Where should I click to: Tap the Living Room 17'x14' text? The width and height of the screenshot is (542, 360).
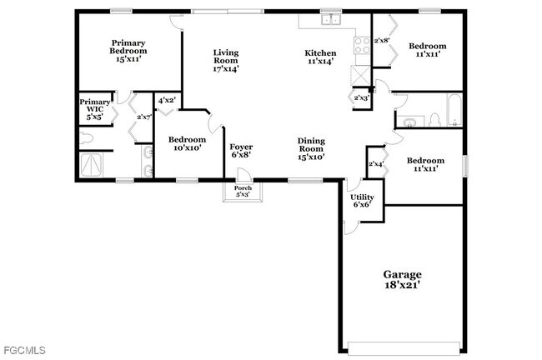point(225,60)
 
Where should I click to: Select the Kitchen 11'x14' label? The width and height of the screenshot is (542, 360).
point(319,57)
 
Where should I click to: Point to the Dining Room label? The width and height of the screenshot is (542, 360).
point(311,148)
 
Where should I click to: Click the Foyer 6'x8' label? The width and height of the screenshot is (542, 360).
point(241,152)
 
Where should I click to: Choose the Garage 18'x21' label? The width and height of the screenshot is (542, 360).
point(402,279)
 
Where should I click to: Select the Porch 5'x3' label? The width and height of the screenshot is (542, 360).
point(243,192)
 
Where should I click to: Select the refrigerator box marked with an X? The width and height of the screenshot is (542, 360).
point(359,74)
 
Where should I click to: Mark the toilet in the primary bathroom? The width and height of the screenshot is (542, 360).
point(86,137)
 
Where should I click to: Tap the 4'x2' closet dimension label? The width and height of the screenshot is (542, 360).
point(167,101)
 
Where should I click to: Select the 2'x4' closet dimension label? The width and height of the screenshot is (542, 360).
point(376,164)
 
